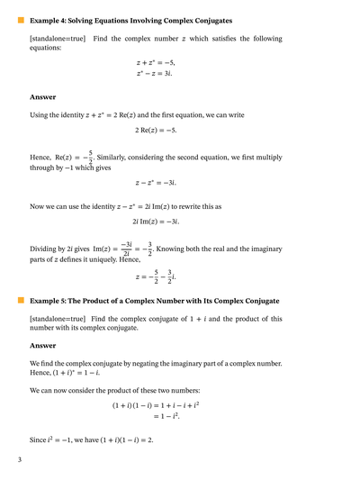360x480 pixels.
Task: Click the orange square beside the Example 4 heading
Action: pos(22,19)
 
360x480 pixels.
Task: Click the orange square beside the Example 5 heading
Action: pos(22,300)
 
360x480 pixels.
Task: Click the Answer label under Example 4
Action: pos(42,96)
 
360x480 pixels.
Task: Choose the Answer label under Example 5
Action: pos(42,344)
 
